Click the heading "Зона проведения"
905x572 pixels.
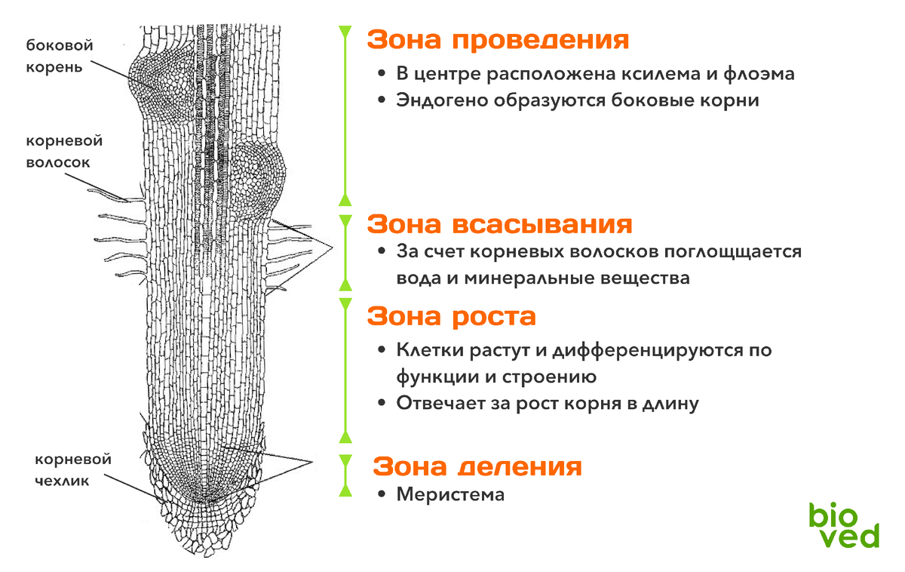coord(498,40)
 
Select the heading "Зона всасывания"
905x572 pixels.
coord(499,224)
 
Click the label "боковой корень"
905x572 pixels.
coord(60,55)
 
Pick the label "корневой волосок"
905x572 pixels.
coord(64,151)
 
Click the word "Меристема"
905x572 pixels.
coord(449,495)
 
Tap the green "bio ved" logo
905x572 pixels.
coord(844,525)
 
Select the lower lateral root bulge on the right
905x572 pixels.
coord(256,177)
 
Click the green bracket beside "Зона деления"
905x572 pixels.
coord(345,475)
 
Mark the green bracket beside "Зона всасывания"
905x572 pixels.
coord(345,252)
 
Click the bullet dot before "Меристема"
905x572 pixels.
coord(382,495)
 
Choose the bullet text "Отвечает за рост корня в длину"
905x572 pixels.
coord(548,404)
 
